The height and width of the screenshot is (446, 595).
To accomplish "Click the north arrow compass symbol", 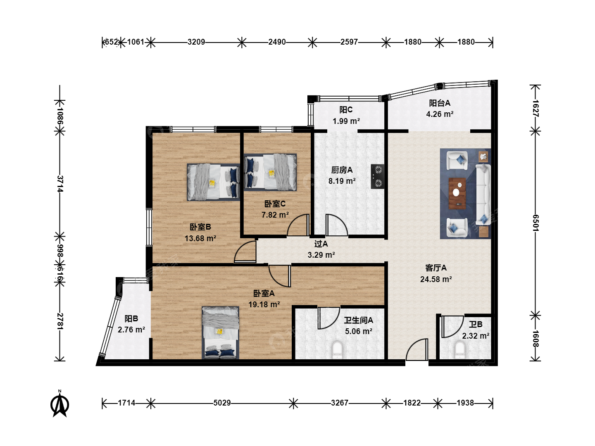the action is click(59, 404).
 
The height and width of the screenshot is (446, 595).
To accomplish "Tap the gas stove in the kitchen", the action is click(377, 177).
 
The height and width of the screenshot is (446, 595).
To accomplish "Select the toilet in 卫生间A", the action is click(337, 350).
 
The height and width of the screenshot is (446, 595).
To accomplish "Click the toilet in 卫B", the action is click(460, 350).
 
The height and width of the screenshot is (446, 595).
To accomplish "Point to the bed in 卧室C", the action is click(270, 172).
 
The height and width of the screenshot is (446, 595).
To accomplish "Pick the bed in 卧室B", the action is click(213, 182).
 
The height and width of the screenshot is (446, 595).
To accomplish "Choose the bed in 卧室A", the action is click(220, 333).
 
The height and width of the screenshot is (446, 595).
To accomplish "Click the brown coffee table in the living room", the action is click(457, 193).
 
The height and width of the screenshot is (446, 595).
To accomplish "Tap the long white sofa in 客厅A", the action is click(483, 195).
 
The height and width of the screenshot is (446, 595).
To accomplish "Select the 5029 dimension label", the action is click(222, 403).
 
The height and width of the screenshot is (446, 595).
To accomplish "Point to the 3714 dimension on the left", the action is click(60, 184).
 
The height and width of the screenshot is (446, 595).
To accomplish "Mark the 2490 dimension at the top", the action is click(277, 42).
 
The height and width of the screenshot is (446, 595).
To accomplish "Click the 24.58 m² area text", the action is click(436, 279).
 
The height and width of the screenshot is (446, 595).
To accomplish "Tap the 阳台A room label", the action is click(440, 103).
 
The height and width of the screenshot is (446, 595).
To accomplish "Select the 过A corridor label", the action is click(321, 244).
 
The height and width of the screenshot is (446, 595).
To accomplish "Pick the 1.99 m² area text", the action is click(346, 121).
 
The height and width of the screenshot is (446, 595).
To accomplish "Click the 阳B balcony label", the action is click(131, 319).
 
